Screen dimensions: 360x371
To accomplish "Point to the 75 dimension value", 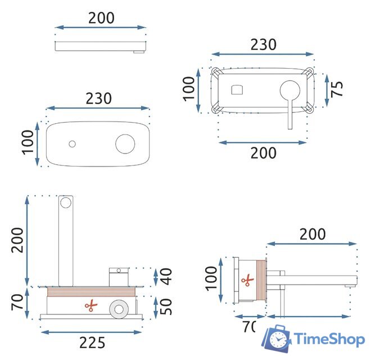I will coord(337,89).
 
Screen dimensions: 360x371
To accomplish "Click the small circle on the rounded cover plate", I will coord(72,144).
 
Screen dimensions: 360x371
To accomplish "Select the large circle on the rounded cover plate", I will coord(125,143).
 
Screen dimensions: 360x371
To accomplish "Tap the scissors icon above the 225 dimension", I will coord(90,306).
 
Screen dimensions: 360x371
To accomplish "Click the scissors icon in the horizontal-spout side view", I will coord(246,280).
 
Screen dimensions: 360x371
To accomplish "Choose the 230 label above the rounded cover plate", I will coord(98,98).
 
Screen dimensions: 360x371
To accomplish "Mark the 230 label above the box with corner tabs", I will coord(263,45).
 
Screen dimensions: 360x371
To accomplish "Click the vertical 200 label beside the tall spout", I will coord(18,241).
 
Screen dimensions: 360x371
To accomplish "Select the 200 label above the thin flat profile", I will coord(101,18).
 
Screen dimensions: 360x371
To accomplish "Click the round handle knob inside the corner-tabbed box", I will coord(290,90).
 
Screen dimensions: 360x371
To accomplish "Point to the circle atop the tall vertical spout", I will coord(66,202).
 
